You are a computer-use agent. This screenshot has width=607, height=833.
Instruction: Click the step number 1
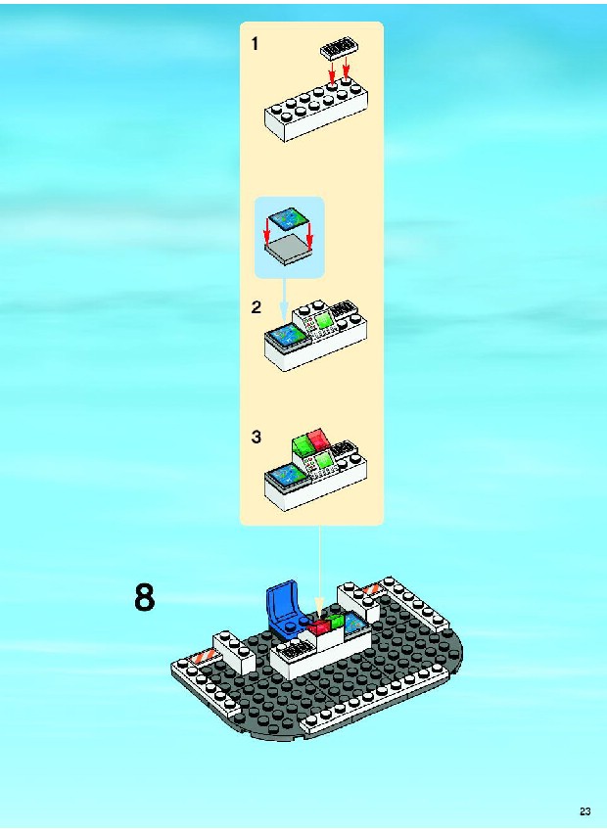coord(256,44)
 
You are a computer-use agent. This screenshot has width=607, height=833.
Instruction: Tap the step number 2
coord(257,307)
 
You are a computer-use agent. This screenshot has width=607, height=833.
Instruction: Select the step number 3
coord(257,437)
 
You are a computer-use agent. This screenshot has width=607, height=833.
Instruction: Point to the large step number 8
coord(145,596)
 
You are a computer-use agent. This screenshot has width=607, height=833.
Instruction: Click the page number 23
coord(585,811)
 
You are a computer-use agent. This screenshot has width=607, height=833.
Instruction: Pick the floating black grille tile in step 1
coord(339,49)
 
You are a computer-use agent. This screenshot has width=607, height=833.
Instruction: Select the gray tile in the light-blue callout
coord(288,250)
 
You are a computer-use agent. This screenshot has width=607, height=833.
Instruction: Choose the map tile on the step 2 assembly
coord(287,335)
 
